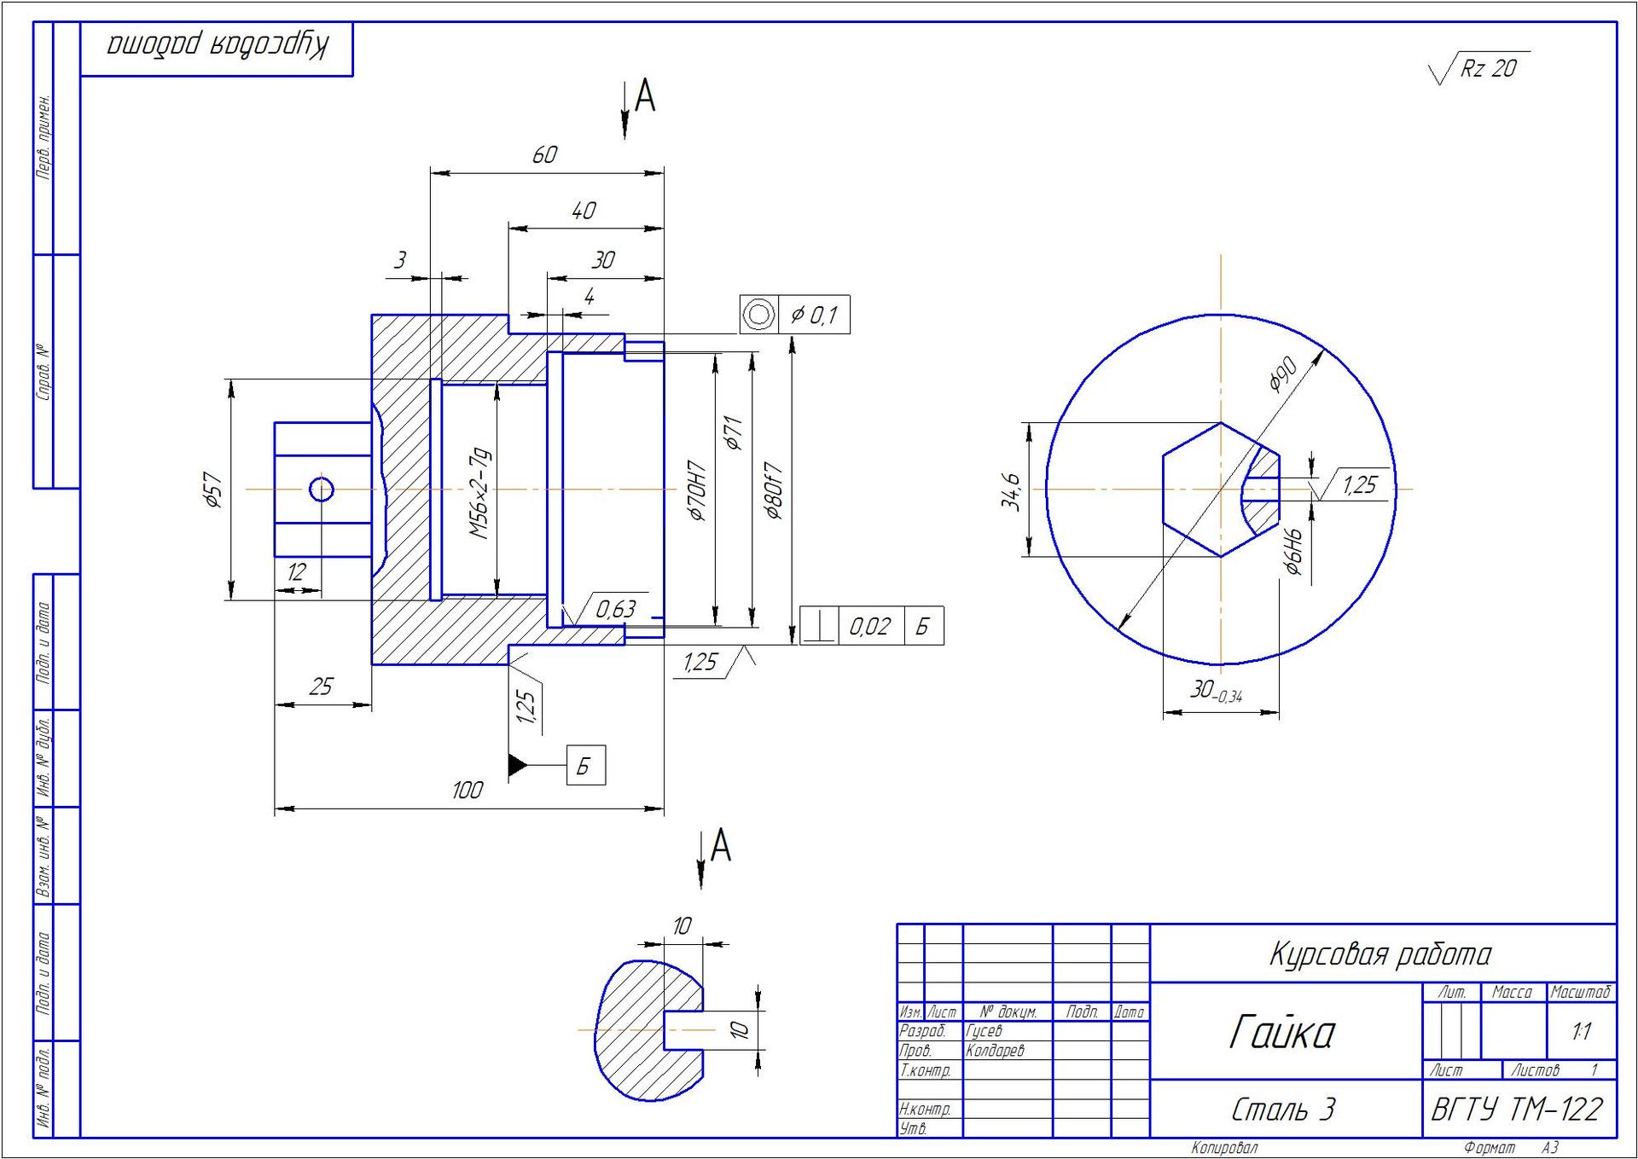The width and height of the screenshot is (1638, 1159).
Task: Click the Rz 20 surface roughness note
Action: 1488,68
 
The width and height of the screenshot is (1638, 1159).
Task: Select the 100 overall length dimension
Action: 467,790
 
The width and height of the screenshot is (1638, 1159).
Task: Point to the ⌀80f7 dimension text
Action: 773,491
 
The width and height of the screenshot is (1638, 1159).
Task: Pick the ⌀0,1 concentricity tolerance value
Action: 814,316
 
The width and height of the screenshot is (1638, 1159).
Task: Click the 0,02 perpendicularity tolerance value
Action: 869,627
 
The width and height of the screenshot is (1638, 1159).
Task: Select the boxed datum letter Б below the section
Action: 584,765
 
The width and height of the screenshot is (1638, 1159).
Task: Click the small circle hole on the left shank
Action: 321,490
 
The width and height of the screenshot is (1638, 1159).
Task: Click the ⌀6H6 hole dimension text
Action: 1294,551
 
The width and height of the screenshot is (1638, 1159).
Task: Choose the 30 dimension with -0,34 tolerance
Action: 1216,691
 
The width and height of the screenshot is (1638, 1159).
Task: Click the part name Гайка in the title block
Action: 1281,1033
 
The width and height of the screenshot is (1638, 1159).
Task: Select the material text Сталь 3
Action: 1282,1109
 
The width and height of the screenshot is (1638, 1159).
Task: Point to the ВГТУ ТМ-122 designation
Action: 1517,1109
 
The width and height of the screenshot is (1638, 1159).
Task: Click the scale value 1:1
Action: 1581,1032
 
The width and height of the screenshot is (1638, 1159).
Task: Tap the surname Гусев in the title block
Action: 984,1031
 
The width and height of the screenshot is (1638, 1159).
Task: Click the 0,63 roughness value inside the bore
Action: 615,609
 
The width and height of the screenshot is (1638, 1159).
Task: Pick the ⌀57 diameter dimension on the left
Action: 213,490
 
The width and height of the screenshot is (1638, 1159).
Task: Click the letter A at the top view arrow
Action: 646,96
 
